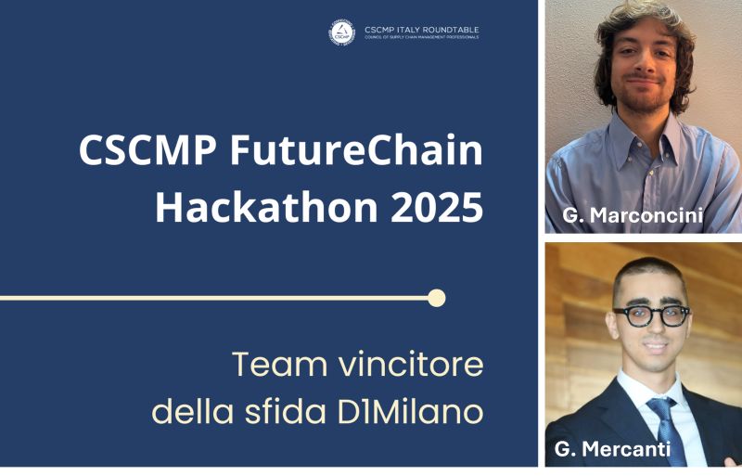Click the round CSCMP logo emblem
(x=341, y=32)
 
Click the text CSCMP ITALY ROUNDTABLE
(x=422, y=30)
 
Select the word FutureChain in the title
(x=356, y=150)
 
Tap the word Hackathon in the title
(x=266, y=207)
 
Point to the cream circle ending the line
(x=436, y=298)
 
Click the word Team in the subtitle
(x=280, y=365)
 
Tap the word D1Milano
(x=410, y=412)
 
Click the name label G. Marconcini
(x=633, y=215)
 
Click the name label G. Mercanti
(x=612, y=448)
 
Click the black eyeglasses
(x=652, y=315)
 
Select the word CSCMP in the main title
(x=147, y=150)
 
